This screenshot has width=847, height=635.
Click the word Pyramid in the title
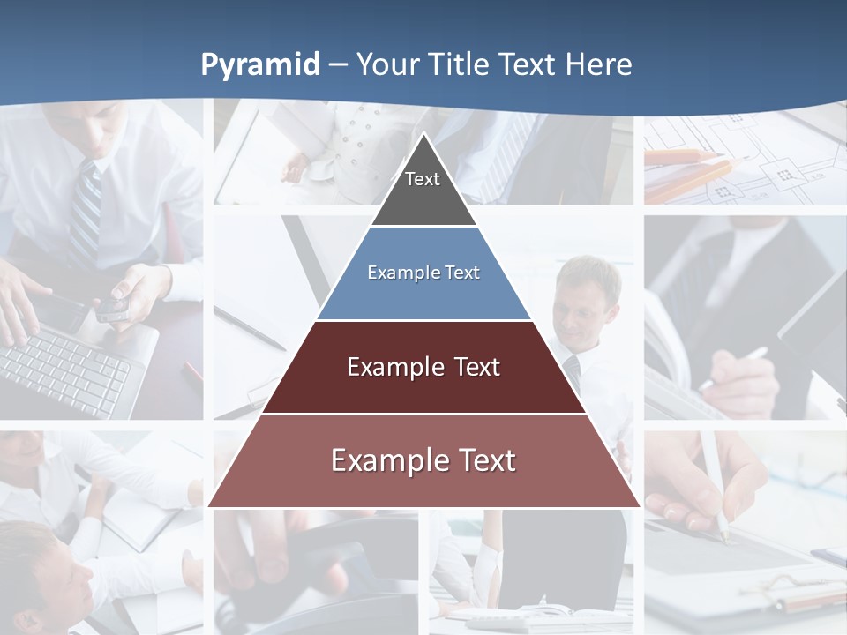[260, 65]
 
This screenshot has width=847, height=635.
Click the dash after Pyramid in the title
[338, 65]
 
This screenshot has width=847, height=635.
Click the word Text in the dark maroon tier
[477, 367]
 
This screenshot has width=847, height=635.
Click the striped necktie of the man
[85, 216]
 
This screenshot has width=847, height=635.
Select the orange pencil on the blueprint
[684, 157]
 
